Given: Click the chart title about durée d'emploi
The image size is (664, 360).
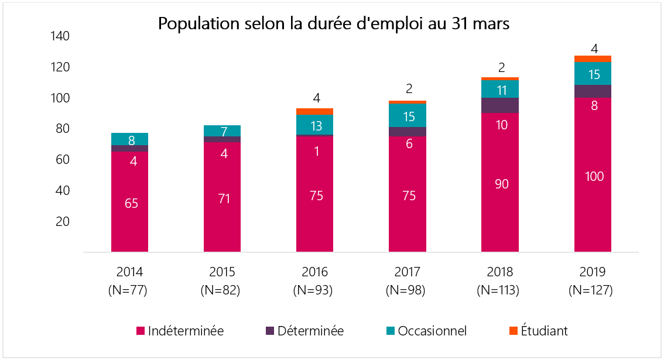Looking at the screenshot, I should (334, 24).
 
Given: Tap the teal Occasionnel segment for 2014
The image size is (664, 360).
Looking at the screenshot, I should (129, 139).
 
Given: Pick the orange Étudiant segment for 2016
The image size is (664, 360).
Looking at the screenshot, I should (314, 111).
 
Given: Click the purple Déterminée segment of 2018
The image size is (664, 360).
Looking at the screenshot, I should (500, 105).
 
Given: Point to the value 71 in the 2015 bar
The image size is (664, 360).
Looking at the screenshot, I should (224, 198).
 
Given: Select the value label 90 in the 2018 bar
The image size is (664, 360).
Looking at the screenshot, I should (501, 184).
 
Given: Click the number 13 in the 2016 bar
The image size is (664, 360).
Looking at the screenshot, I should (315, 125).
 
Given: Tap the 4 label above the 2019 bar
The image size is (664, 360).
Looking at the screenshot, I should (594, 49).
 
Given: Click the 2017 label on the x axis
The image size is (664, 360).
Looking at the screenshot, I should (408, 272).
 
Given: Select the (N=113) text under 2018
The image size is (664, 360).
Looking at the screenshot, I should (500, 289).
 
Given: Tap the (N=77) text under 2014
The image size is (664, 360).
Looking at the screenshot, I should (130, 289).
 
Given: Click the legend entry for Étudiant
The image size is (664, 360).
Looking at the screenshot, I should (539, 331).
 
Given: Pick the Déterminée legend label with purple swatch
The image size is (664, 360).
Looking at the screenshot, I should (310, 331).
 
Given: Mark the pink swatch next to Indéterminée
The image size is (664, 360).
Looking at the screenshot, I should (141, 331).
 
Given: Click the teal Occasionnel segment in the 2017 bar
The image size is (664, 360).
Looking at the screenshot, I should (408, 115).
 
